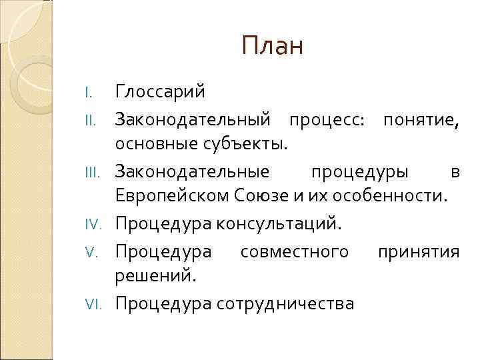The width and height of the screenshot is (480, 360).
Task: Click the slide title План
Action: coord(272,46)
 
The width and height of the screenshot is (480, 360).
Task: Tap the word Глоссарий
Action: coord(160,91)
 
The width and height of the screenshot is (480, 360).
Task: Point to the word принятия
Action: coord(419,251)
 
